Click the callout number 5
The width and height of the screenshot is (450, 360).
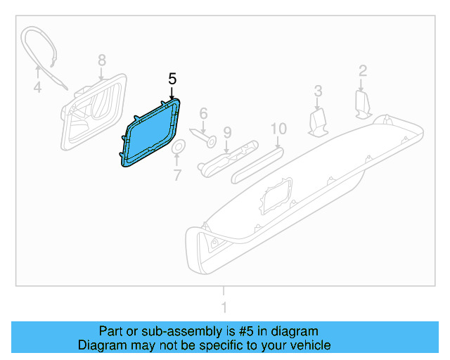tap(172, 79)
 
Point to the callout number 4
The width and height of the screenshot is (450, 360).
tap(37, 88)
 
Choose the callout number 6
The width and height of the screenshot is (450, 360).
tap(203, 112)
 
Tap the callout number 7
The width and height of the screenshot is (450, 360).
tap(177, 174)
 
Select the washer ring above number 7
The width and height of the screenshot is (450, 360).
tap(178, 147)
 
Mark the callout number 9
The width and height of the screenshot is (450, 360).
tap(227, 131)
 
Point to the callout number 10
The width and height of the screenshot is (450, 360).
tap(278, 129)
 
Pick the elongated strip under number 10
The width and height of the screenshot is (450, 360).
tap(257, 160)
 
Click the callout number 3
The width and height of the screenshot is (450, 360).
tap(318, 90)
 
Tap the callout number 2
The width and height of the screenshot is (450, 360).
tap(363, 70)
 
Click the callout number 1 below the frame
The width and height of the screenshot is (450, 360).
tap(224, 307)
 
